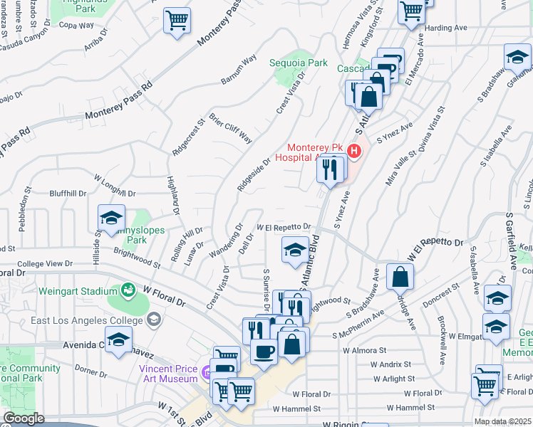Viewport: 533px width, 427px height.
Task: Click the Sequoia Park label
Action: click(x=299, y=63)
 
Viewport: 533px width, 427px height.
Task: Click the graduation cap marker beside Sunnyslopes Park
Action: click(x=111, y=218)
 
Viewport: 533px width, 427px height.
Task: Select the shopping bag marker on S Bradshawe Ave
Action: click(x=400, y=276)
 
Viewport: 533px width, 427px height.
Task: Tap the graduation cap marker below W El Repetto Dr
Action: click(x=296, y=250)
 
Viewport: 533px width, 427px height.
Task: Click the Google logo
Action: click(x=24, y=418)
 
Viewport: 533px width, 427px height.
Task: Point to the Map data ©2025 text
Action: click(x=502, y=421)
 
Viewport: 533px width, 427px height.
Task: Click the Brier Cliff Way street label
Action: click(x=230, y=127)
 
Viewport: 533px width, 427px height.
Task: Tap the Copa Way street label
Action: click(x=76, y=25)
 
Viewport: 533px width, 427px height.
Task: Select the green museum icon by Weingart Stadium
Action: click(x=128, y=290)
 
